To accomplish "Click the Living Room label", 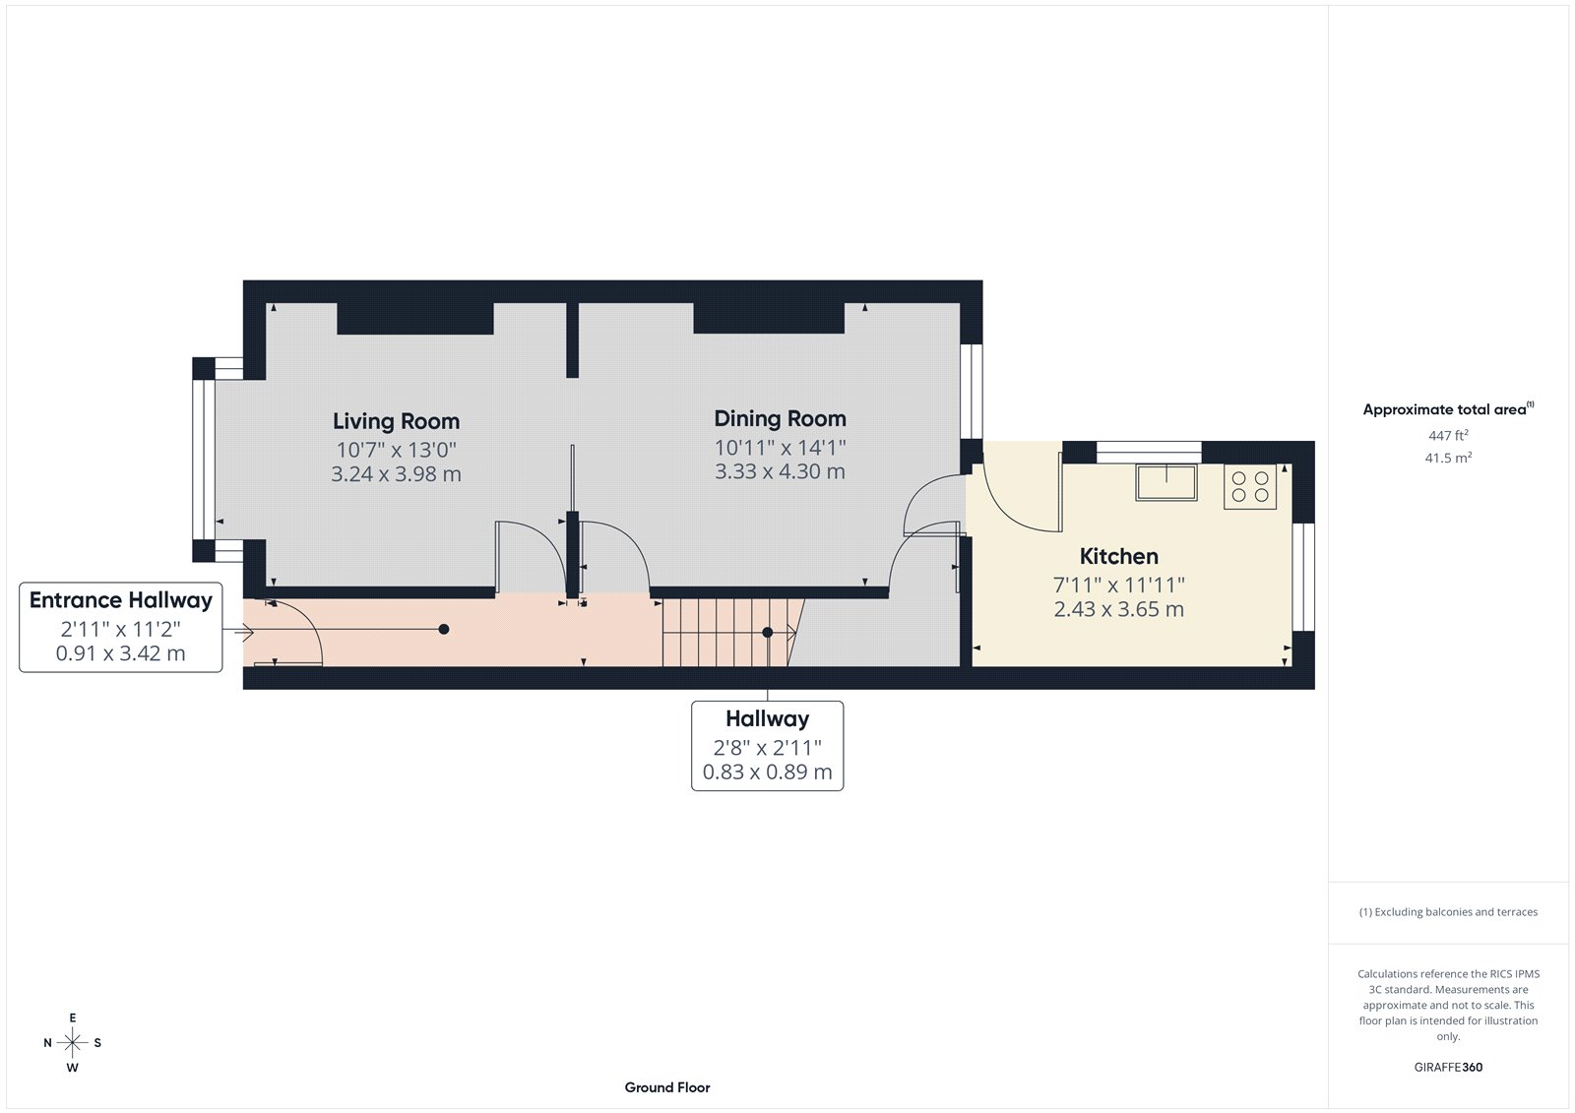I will (x=396, y=421).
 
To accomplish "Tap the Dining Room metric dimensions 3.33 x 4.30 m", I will (x=780, y=471).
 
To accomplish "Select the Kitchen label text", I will (x=1118, y=556).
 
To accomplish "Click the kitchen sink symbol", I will (x=1166, y=482).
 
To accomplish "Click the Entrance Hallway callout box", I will (x=121, y=627).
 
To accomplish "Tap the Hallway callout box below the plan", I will (x=767, y=745).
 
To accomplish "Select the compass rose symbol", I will (x=73, y=1042).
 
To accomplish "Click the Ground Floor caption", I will (x=666, y=1087).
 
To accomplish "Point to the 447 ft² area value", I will (x=1448, y=435).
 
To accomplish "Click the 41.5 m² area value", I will (x=1448, y=458).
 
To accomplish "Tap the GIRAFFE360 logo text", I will (x=1448, y=1067).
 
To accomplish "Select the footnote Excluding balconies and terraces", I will (x=1448, y=912).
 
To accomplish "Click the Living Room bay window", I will (x=204, y=461).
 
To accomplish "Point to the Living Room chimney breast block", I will (x=414, y=319).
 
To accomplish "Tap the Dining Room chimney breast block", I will (x=769, y=319).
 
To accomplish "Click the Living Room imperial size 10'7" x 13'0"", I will (x=396, y=450).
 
